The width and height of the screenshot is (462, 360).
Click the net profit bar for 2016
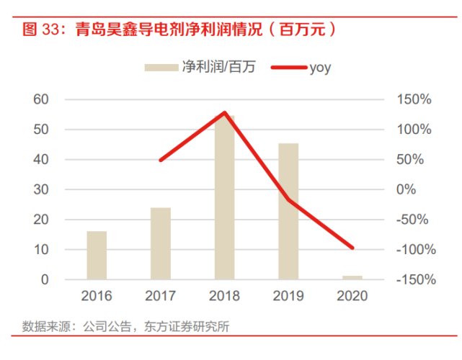(x=97, y=255)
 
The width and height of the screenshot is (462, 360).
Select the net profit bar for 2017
(x=160, y=243)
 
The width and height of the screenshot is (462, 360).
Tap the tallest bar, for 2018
(x=224, y=197)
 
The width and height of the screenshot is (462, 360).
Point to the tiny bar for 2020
(x=352, y=277)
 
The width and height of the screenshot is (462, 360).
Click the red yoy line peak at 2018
(x=224, y=113)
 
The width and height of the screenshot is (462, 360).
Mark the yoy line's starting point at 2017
(x=160, y=160)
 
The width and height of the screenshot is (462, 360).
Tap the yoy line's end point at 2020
(x=352, y=248)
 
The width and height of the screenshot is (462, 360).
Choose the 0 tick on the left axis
(x=45, y=279)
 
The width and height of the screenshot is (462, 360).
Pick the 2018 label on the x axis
(x=224, y=296)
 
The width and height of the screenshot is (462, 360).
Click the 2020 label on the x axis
(x=352, y=296)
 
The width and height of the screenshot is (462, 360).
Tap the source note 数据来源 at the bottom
(x=43, y=325)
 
